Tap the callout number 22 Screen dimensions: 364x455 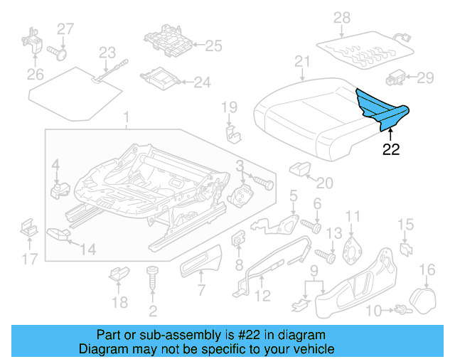(x=391, y=149)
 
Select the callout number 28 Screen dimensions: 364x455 (x=342, y=17)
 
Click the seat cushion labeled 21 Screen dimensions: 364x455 (x=306, y=117)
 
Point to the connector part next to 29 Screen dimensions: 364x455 (x=396, y=77)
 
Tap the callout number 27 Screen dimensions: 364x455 (x=65, y=28)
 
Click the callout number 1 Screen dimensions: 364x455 (x=126, y=117)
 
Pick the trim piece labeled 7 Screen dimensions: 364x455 (x=201, y=264)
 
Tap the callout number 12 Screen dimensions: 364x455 (x=262, y=296)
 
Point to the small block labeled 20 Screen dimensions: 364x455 (x=300, y=168)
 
